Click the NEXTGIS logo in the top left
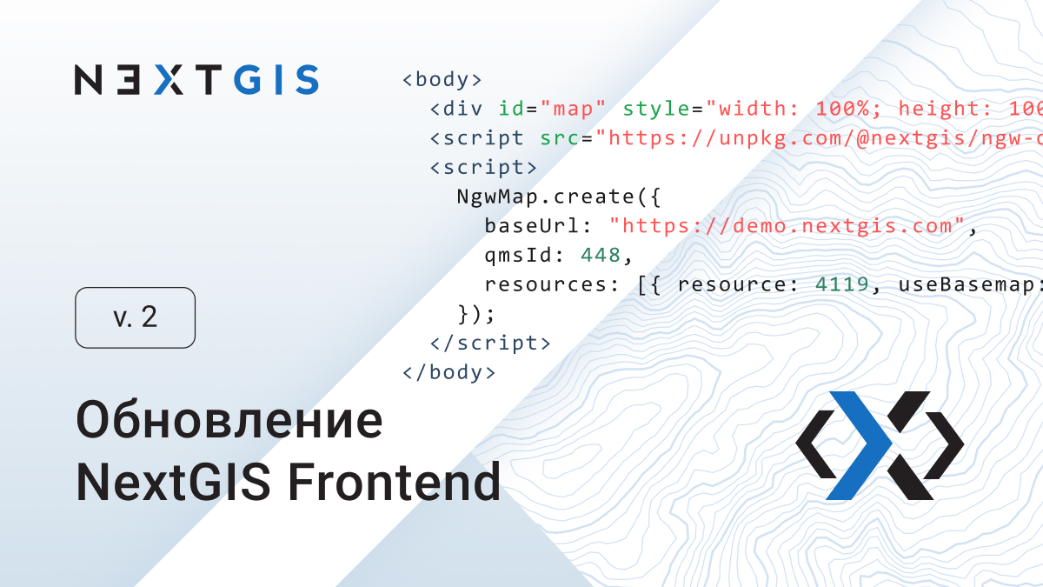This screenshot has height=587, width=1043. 196,79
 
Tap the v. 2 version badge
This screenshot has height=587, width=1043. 136,317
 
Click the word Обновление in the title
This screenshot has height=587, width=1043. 229,421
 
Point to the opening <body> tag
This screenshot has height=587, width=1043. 442,80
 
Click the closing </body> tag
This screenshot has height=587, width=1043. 448,373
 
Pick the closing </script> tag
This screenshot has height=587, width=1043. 490,343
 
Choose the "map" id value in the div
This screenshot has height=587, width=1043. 574,109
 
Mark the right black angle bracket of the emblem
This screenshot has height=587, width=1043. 946,445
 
